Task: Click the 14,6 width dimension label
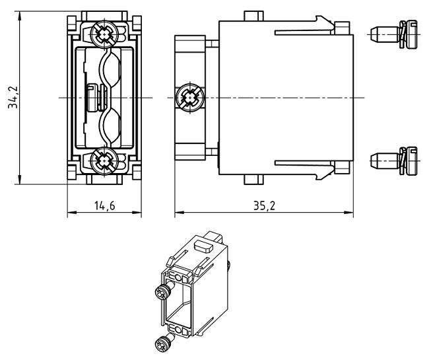[x=104, y=205]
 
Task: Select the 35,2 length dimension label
[x=264, y=205]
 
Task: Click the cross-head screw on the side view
[x=190, y=98]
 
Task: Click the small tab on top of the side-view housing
[x=253, y=15]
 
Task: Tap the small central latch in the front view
[x=94, y=98]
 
